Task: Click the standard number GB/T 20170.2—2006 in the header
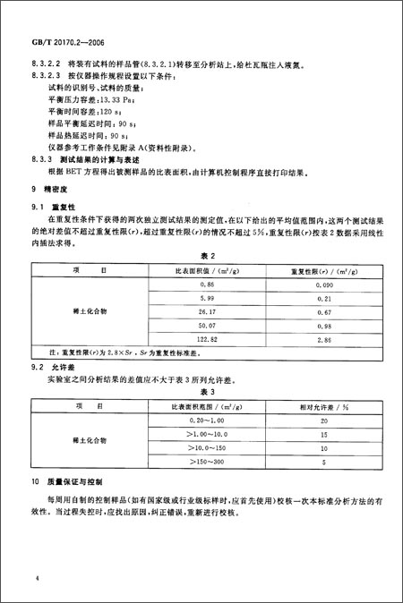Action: pos(65,42)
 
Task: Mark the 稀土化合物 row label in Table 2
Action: pos(90,311)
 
